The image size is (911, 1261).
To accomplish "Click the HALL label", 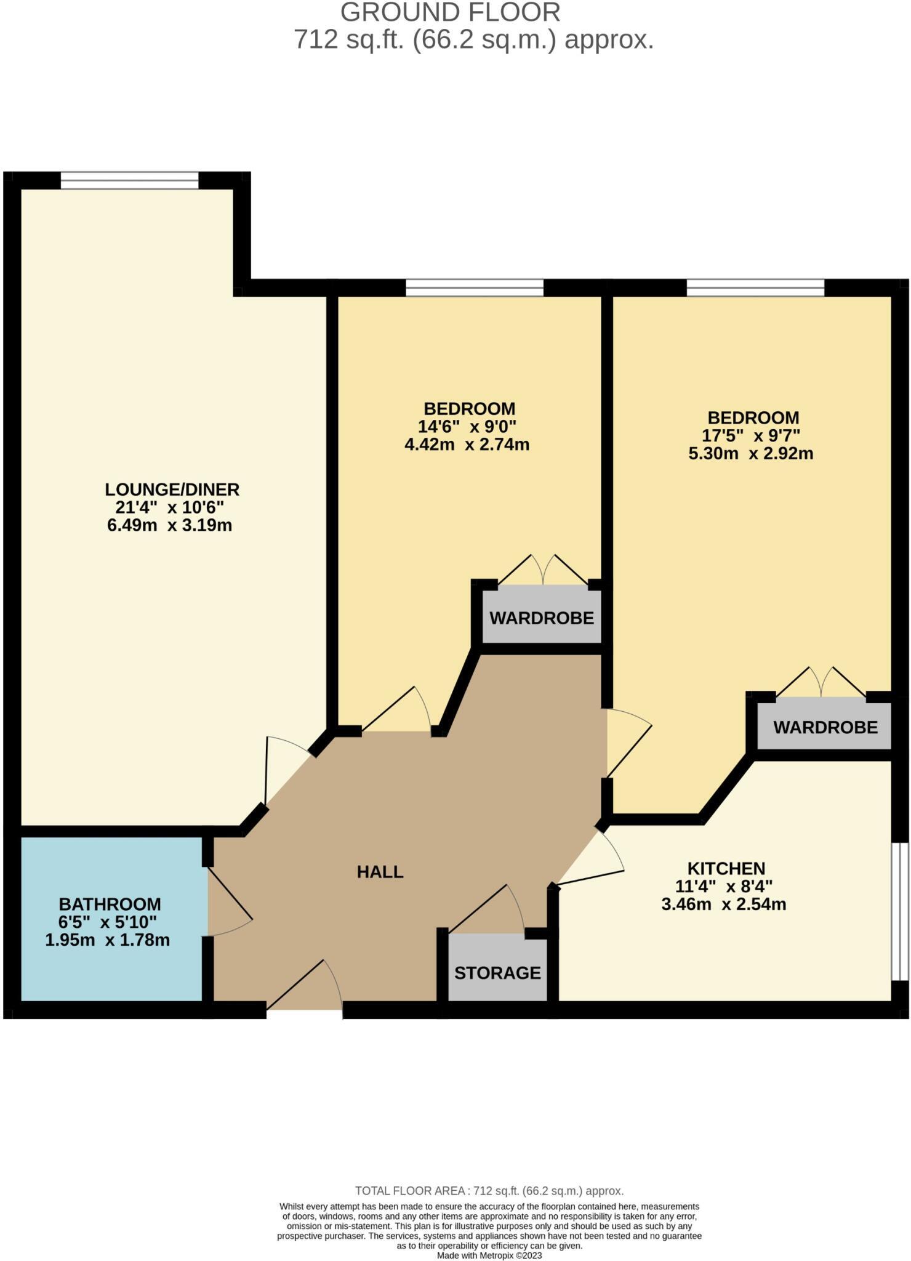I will click(x=380, y=872).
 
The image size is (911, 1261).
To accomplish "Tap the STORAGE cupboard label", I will click(x=497, y=973).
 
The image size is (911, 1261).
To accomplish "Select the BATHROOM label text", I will click(x=110, y=904).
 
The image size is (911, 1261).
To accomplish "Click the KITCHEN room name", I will click(x=726, y=868).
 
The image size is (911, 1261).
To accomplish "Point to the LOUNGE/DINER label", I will click(x=172, y=489).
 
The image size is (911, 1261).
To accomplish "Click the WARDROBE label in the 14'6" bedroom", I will click(x=542, y=618).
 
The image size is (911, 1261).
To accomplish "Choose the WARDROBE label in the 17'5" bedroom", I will click(x=825, y=727).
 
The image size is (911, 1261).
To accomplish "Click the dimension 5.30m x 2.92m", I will click(x=750, y=454).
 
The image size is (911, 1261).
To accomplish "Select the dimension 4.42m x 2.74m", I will click(x=467, y=445).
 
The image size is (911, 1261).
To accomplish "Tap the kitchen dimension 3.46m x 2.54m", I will click(x=724, y=904).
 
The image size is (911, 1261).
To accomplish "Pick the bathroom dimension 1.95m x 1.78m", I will click(x=107, y=940).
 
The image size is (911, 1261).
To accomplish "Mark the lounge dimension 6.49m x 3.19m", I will click(x=169, y=526).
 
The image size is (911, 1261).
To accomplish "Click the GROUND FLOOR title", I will click(x=450, y=12).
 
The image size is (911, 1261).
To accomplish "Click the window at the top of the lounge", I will click(x=129, y=180).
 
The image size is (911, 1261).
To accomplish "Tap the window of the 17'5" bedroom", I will click(x=755, y=288).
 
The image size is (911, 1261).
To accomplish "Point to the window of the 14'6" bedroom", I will click(x=474, y=288).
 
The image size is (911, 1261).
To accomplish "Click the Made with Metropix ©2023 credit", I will click(x=489, y=1255).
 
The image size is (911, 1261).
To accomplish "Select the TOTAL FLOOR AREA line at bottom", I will click(x=489, y=1191).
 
